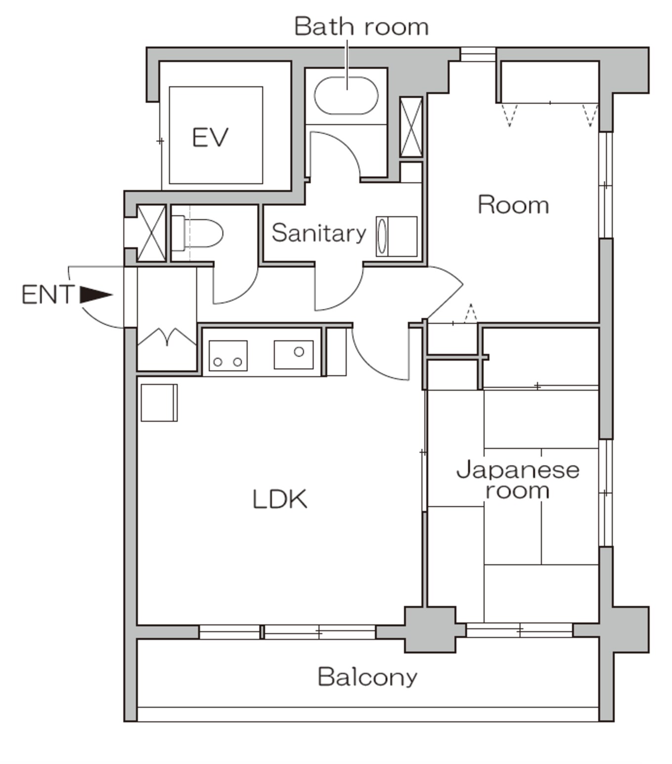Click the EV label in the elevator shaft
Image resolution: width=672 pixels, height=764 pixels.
coord(210,137)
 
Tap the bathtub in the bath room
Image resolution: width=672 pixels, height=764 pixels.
coord(346,95)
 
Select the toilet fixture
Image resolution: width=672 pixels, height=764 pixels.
coord(197,233)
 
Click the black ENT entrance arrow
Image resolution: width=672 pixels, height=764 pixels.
coord(96,295)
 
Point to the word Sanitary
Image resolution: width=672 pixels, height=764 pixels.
coord(319,233)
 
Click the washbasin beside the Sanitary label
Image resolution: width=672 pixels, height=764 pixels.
coord(396,236)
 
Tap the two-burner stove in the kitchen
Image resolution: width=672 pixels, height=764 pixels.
coord(228,356)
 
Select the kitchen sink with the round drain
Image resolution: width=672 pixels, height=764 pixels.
coord(294,354)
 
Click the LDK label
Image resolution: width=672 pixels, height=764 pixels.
coord(280,499)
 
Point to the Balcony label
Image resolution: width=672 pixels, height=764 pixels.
coord(367,677)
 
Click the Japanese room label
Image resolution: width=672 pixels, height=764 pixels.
coord(518,480)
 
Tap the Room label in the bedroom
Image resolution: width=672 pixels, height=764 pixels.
coord(513,205)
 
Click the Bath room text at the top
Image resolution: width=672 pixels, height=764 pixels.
coord(361,26)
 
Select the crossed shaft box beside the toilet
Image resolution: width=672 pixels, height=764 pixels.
coord(151,233)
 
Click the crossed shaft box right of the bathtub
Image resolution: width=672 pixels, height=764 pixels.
coord(411,127)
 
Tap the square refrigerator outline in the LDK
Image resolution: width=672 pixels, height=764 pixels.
coord(159,402)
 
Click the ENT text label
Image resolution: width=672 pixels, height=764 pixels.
coord(48,295)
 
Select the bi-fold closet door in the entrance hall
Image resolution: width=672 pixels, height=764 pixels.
coord(167,337)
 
